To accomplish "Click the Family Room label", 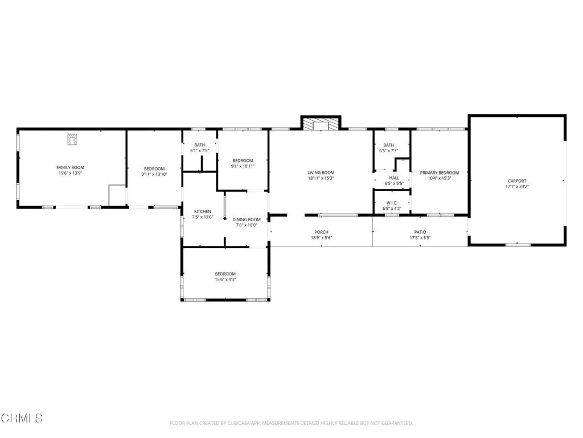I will click(70, 167).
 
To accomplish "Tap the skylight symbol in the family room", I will click(72, 139).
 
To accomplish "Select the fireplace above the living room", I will click(321, 124).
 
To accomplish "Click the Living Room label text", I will click(321, 172).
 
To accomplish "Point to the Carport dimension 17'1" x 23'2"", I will click(517, 186).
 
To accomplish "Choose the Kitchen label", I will click(203, 211).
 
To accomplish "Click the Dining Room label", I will click(247, 220).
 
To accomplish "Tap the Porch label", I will click(321, 232).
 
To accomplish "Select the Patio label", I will click(420, 232).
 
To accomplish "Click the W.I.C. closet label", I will click(391, 203).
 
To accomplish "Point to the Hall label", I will click(394, 178).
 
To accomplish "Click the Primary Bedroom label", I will click(439, 172).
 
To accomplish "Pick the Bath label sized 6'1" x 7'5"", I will click(199, 145).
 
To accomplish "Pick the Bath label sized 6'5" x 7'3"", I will click(389, 145).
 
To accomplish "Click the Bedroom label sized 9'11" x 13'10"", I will click(154, 169).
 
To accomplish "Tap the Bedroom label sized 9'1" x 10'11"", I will click(242, 161).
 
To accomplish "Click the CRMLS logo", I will click(22, 418).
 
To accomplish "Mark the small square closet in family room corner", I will click(117, 195).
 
